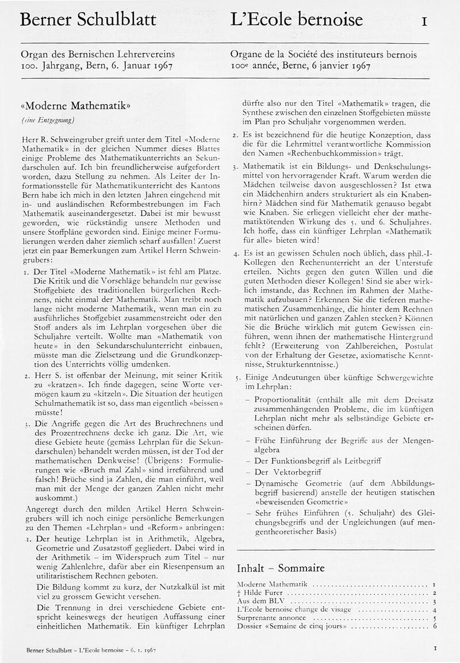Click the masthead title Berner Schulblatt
click(x=87, y=20)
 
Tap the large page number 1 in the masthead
click(x=424, y=22)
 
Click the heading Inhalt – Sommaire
click(x=281, y=568)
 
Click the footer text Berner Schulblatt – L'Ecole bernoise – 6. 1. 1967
click(x=91, y=650)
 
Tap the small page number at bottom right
click(x=435, y=648)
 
